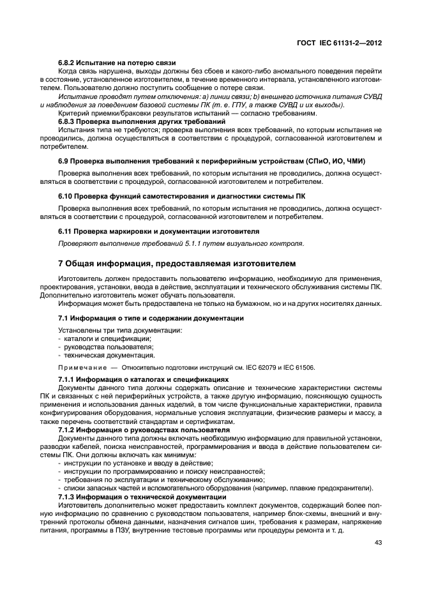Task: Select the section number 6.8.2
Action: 67,62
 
